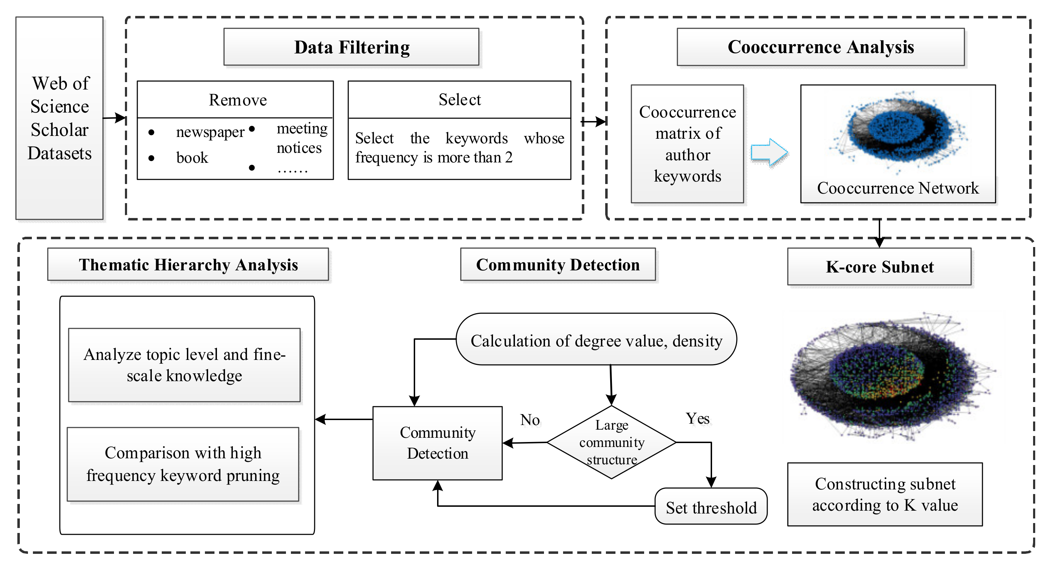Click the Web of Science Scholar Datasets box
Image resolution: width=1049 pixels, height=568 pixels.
(x=59, y=118)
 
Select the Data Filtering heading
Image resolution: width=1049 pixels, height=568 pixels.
(x=351, y=47)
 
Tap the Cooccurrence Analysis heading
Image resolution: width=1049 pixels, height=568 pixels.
(x=821, y=47)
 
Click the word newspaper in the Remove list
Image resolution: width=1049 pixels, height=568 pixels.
(x=210, y=132)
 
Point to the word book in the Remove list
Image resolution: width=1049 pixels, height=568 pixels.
(x=192, y=157)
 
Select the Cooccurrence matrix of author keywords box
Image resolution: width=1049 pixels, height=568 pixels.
(x=687, y=144)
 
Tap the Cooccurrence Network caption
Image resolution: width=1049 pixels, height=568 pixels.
(x=898, y=188)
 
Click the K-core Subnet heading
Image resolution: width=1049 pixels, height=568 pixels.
(x=879, y=267)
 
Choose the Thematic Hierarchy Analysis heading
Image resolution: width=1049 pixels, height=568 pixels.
(x=188, y=265)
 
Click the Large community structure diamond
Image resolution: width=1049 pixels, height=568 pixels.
(x=612, y=442)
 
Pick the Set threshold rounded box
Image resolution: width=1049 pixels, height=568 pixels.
(x=711, y=506)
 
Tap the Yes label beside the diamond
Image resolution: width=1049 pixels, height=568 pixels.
(x=698, y=419)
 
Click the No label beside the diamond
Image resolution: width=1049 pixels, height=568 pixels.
(x=530, y=420)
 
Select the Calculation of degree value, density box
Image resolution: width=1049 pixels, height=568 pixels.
(x=597, y=339)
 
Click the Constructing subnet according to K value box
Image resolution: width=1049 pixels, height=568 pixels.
(x=885, y=494)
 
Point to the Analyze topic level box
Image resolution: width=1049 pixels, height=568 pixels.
(x=184, y=365)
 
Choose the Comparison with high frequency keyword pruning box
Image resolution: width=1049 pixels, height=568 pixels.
(x=183, y=464)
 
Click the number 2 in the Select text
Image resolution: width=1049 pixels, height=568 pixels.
(x=509, y=157)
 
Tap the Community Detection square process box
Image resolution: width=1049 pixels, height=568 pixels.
(x=438, y=443)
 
